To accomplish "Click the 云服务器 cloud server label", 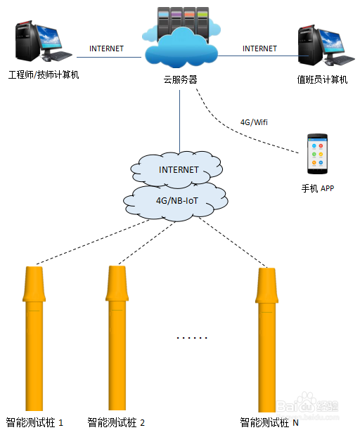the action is click(180, 80).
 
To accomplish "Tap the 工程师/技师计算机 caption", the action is click(44, 74).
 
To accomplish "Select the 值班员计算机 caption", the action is click(322, 79).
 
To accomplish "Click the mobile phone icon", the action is click(317, 154).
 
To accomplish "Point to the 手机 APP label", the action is click(318, 188).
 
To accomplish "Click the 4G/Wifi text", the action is click(254, 122).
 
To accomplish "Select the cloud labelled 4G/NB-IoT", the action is click(176, 202).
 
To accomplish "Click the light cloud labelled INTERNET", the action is click(177, 169).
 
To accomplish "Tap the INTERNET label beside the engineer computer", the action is click(106, 48).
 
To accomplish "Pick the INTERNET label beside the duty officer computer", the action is click(259, 48).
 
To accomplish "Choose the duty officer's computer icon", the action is click(326, 46).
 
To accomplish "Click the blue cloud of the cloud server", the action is click(181, 49).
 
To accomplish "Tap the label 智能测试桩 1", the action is click(34, 422).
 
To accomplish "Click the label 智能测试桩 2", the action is click(116, 422).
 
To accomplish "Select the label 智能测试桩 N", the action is click(269, 422).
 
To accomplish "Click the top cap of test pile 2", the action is click(117, 283).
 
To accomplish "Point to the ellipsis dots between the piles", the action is click(192, 337).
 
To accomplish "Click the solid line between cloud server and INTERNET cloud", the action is click(180, 122).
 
